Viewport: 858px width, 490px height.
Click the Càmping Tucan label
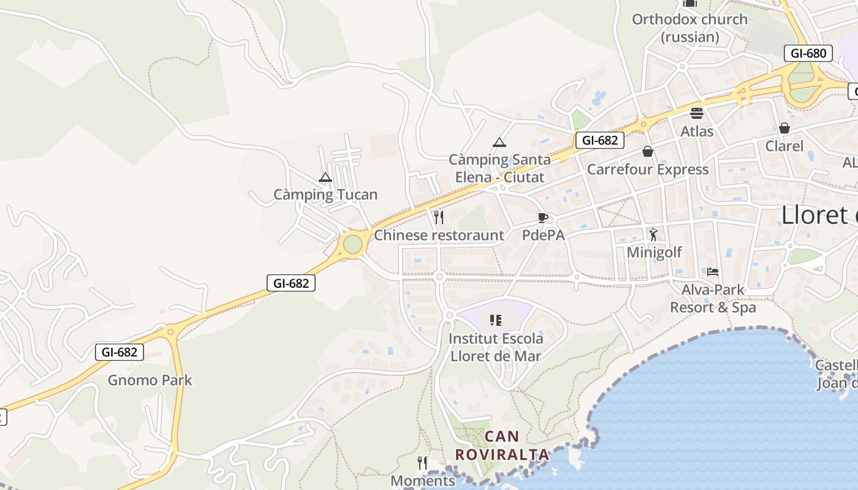tap(325, 195)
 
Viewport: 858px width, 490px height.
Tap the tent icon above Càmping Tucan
tap(325, 178)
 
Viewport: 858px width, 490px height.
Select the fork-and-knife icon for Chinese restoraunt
tap(439, 217)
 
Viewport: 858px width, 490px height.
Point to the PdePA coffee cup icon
tap(542, 217)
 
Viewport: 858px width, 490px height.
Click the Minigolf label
tap(654, 252)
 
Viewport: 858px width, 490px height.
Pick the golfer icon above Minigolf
tap(654, 234)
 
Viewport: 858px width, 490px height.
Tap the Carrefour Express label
tap(648, 170)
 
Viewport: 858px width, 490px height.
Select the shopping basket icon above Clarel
tap(784, 128)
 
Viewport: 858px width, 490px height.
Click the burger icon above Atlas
tap(697, 113)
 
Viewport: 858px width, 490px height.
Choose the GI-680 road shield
tap(808, 53)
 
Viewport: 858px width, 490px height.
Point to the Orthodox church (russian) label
tap(689, 28)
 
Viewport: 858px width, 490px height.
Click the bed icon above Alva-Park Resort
tap(712, 271)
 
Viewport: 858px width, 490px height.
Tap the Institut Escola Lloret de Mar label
tap(496, 347)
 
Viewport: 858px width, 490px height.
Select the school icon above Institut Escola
tap(496, 320)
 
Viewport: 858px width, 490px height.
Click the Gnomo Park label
tap(150, 380)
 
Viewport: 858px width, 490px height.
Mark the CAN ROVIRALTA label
tap(502, 446)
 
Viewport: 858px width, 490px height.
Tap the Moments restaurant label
tap(423, 481)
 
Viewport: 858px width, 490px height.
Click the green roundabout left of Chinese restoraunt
tap(352, 244)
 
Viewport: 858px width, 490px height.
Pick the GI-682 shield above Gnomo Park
tap(120, 352)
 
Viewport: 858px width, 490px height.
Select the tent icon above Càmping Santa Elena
tap(499, 143)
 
